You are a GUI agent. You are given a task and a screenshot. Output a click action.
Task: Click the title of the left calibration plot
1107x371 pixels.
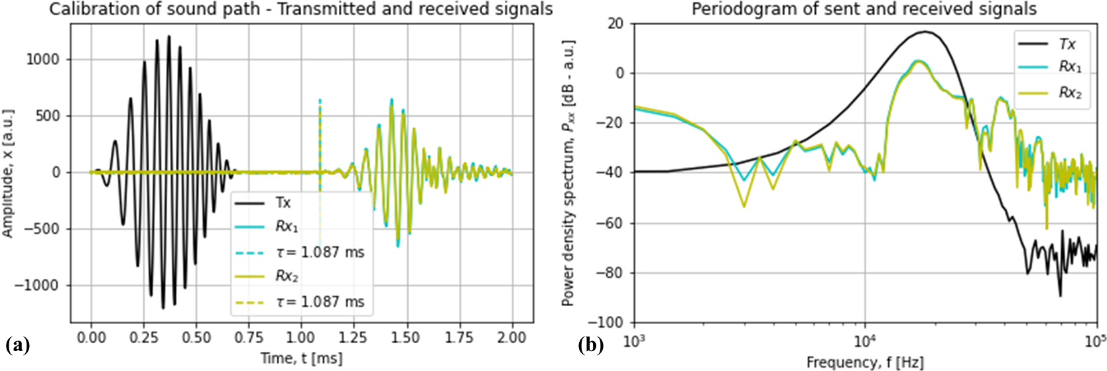click(x=300, y=9)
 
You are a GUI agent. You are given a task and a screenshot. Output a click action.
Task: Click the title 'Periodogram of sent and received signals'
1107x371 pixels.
click(x=864, y=9)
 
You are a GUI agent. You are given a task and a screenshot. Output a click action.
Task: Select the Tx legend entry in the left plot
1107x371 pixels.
click(x=283, y=203)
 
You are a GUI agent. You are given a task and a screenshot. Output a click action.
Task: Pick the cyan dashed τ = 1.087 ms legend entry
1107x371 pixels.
click(x=320, y=252)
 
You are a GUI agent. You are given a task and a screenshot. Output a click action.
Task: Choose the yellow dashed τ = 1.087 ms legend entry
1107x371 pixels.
click(x=320, y=302)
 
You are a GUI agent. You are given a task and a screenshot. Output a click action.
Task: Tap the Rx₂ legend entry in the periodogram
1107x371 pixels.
click(x=1069, y=93)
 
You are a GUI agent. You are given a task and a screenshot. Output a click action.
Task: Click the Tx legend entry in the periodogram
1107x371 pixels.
click(x=1067, y=44)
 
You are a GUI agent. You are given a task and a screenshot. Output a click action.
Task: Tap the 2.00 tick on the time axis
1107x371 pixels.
click(x=511, y=337)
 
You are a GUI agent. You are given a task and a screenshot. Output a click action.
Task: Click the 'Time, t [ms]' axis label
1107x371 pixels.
click(x=301, y=358)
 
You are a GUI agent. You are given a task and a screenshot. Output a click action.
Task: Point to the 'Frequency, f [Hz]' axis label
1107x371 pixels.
click(x=864, y=362)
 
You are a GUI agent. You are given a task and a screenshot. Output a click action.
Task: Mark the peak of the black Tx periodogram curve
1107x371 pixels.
click(x=925, y=31)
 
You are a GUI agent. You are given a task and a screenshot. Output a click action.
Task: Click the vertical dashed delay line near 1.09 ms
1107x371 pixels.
click(x=320, y=132)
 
